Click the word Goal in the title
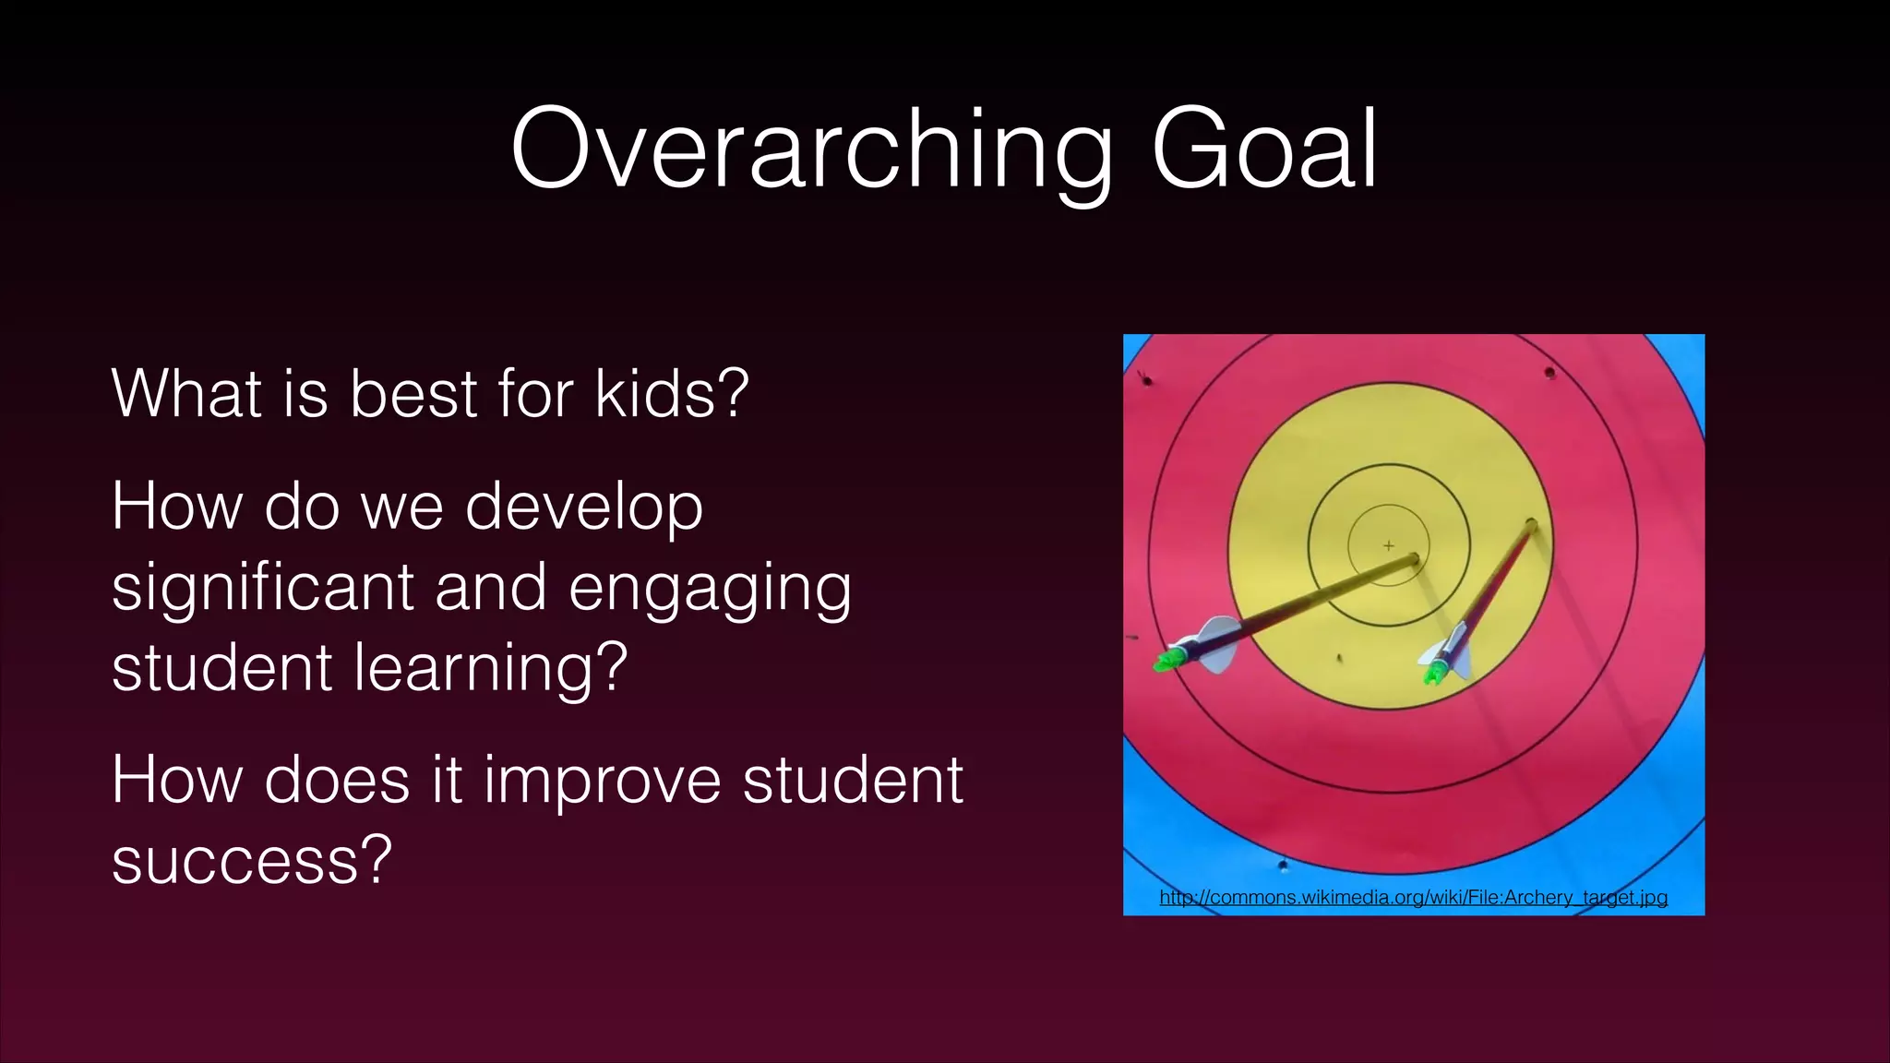pos(1263,149)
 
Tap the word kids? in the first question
pos(672,394)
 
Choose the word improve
pos(602,781)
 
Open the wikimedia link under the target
pos(1413,897)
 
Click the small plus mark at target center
pos(1388,545)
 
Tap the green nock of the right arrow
pos(1433,675)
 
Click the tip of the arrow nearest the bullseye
pos(1415,557)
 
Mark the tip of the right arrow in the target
pos(1531,524)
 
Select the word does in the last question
pos(337,781)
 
